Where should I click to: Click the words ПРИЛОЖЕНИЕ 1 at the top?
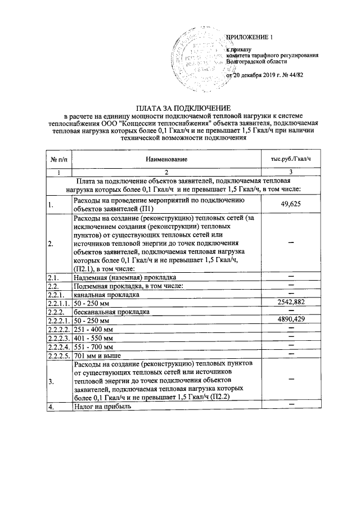(x=249, y=38)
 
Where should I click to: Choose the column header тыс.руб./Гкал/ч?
(x=290, y=160)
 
